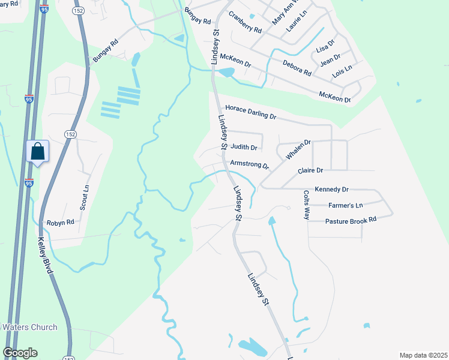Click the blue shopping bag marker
[38, 152]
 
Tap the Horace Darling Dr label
[250, 112]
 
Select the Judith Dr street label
[244, 147]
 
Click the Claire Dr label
[310, 170]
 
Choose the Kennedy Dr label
[331, 189]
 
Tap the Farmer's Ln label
[346, 205]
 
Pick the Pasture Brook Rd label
[351, 220]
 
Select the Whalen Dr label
[298, 149]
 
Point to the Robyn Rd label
[61, 221]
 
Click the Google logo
[20, 353]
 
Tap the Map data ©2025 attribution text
[423, 355]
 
